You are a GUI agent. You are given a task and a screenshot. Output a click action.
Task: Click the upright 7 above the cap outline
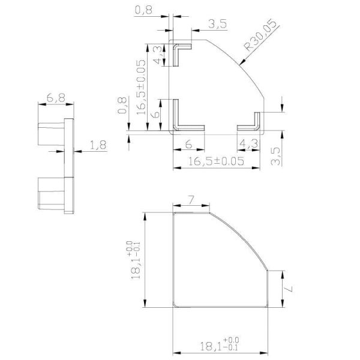point(191,199)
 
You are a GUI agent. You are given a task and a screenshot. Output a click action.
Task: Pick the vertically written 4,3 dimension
point(157,55)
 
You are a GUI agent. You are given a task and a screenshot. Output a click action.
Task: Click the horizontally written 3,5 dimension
point(217,24)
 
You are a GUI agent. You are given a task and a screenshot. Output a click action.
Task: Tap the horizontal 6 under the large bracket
point(188,144)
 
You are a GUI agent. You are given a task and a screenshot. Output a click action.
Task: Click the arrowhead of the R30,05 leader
point(239,62)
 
